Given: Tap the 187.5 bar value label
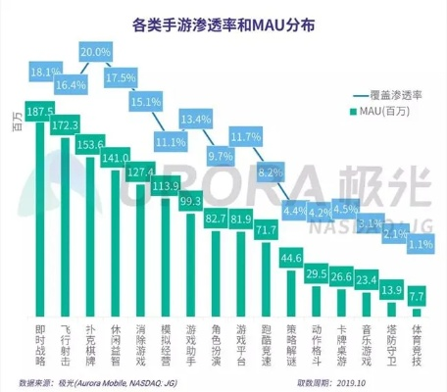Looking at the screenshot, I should tap(44, 114).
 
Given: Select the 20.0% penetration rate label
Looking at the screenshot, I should tap(95, 51).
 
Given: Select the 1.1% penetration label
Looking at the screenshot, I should tap(419, 243).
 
